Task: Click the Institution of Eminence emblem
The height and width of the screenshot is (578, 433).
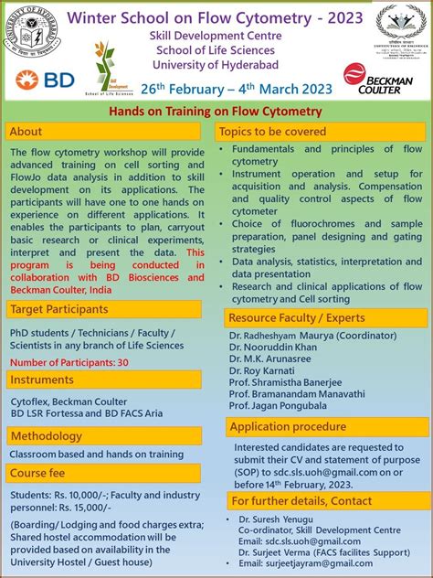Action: (400, 29)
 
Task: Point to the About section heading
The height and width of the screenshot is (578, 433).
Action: (26, 132)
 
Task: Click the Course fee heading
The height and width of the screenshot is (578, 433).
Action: (38, 473)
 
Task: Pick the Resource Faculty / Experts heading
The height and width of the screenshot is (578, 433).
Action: (298, 318)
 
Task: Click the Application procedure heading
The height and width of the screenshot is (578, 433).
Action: (289, 426)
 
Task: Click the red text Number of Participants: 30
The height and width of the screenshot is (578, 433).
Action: (69, 362)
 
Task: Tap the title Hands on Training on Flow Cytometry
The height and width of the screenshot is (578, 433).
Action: (216, 112)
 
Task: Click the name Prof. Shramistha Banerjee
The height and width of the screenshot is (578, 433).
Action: (286, 382)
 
